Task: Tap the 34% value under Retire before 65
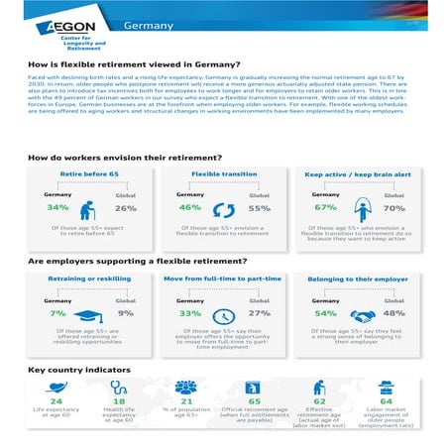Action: pos(56,208)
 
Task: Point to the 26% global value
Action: pos(125,208)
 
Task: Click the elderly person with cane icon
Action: pos(91,207)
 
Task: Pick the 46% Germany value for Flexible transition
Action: pos(188,208)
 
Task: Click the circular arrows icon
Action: pos(223,207)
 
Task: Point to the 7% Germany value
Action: pos(57,313)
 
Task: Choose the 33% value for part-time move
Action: pos(188,313)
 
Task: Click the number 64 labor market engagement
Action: pos(386,402)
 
